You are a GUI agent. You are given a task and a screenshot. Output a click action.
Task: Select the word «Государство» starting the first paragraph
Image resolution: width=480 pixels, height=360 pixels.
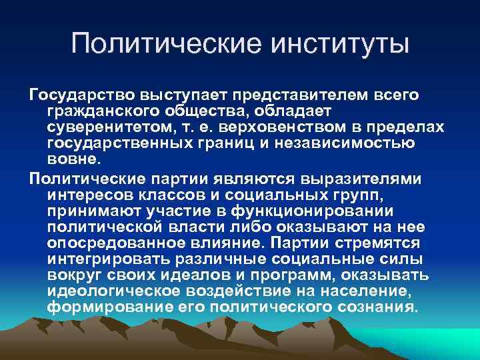[x=75, y=95]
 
